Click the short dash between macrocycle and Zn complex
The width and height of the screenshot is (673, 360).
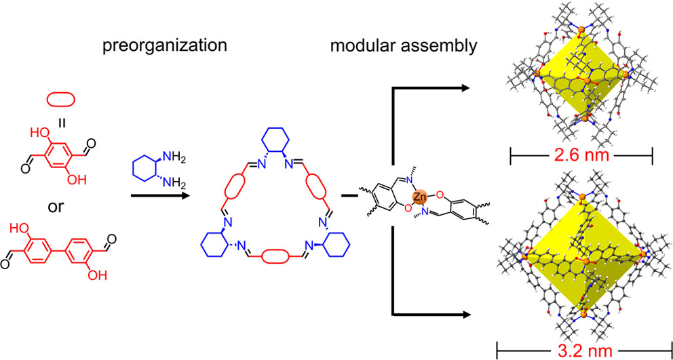tap(353, 197)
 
